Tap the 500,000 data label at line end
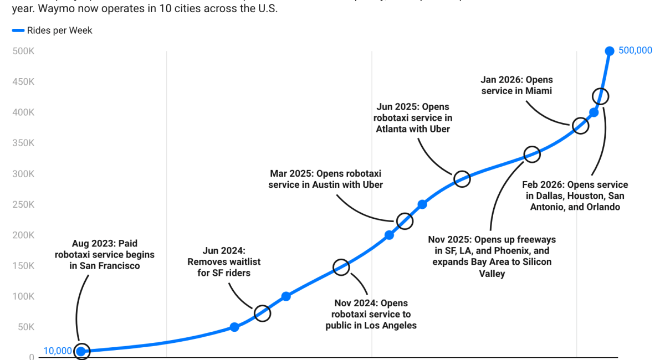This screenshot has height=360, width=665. click(x=635, y=50)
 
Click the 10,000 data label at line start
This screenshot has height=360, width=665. click(x=58, y=351)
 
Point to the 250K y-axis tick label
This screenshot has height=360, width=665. click(x=23, y=204)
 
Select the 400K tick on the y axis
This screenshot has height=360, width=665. click(x=23, y=112)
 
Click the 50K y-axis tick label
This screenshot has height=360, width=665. click(x=25, y=327)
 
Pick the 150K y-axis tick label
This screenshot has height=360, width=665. click(x=23, y=266)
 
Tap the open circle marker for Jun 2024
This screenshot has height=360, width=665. click(x=262, y=313)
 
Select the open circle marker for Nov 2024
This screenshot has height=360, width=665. click(x=341, y=268)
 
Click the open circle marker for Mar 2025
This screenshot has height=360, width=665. click(x=405, y=220)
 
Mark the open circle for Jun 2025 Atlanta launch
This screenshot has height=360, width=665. click(x=462, y=178)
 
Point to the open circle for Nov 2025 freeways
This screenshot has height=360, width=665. click(x=532, y=155)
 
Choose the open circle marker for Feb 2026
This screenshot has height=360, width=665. click(x=600, y=96)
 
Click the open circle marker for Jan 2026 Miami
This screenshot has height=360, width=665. click(x=580, y=126)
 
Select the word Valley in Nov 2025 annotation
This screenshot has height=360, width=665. click(x=492, y=273)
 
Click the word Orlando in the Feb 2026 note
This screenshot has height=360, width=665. click(x=602, y=207)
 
